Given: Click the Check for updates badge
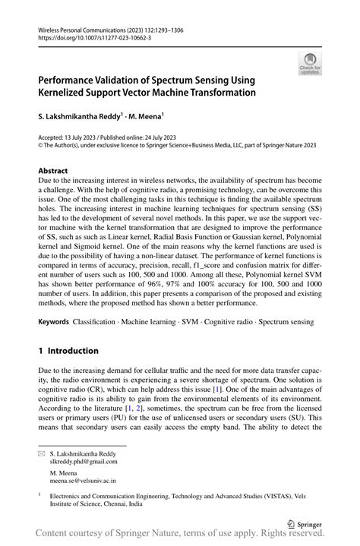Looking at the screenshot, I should (309, 64).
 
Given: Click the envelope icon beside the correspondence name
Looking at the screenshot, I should (42, 451).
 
